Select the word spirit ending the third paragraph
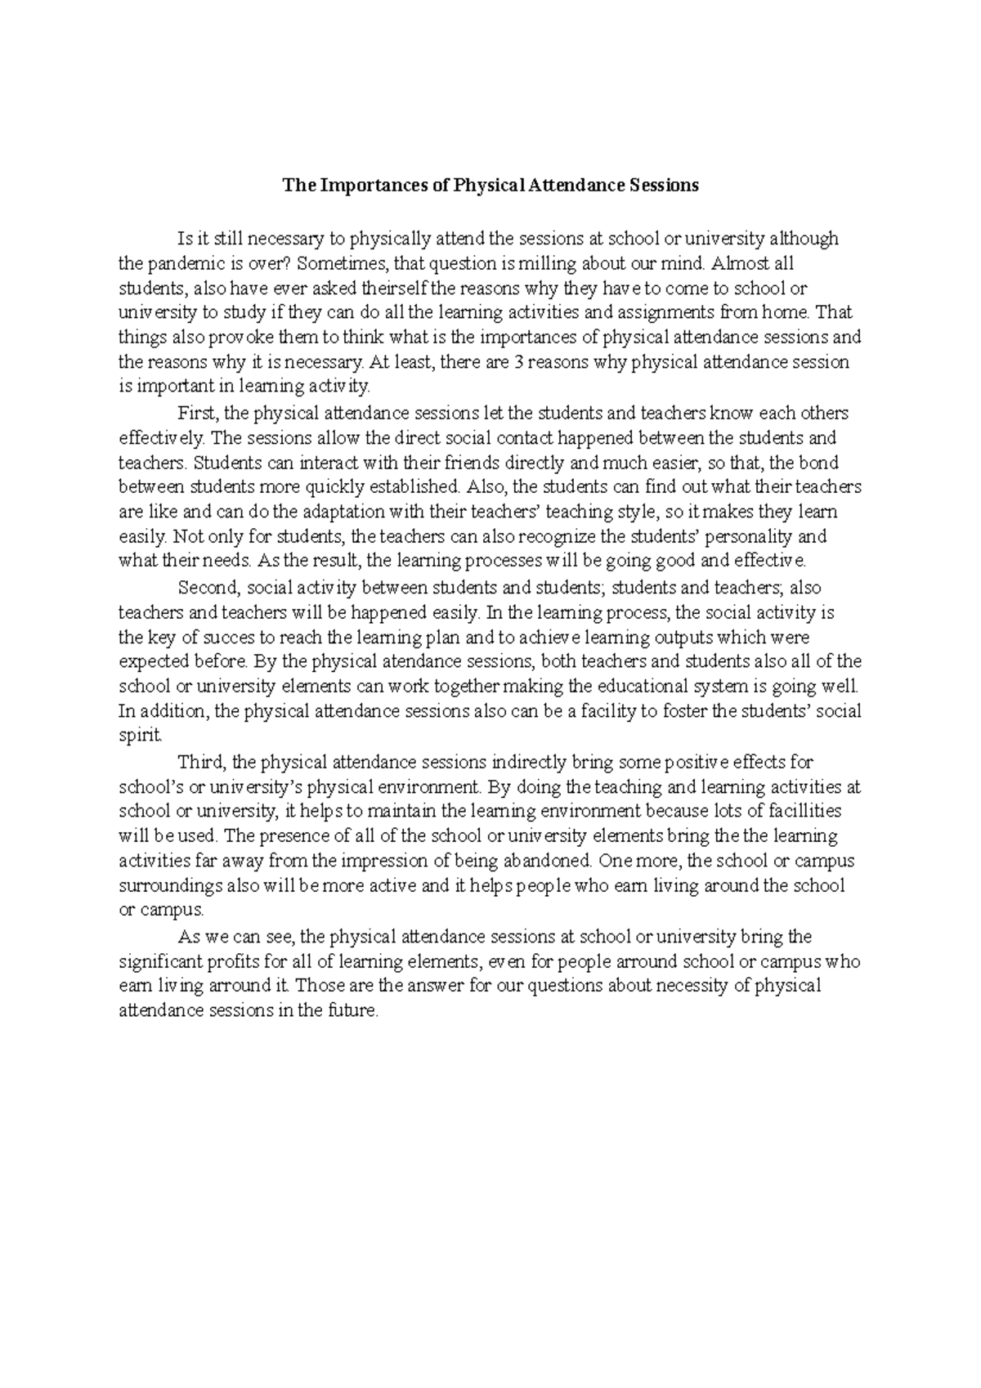[x=140, y=735]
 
